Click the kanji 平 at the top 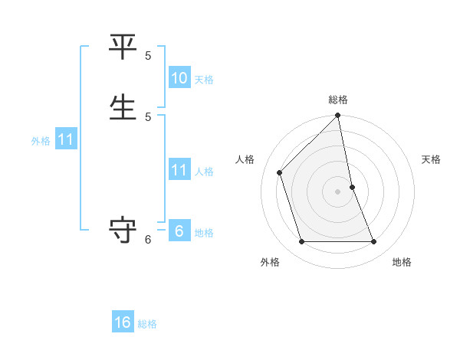coord(123,47)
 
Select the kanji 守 coord(123,230)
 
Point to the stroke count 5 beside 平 coord(148,56)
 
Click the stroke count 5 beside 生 coord(148,116)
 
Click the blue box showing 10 coord(179,78)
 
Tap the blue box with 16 coord(123,322)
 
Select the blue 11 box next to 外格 coord(66,139)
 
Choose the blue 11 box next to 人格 coord(179,169)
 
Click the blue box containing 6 coord(179,231)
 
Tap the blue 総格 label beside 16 coord(147,324)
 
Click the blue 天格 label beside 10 coord(204,80)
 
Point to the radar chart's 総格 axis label coord(338,100)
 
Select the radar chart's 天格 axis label coord(431,159)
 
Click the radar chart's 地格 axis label coord(402,262)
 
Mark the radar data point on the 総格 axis coord(338,116)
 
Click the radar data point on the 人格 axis coord(280,172)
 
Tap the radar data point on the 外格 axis coord(302,242)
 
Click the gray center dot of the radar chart coord(338,191)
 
